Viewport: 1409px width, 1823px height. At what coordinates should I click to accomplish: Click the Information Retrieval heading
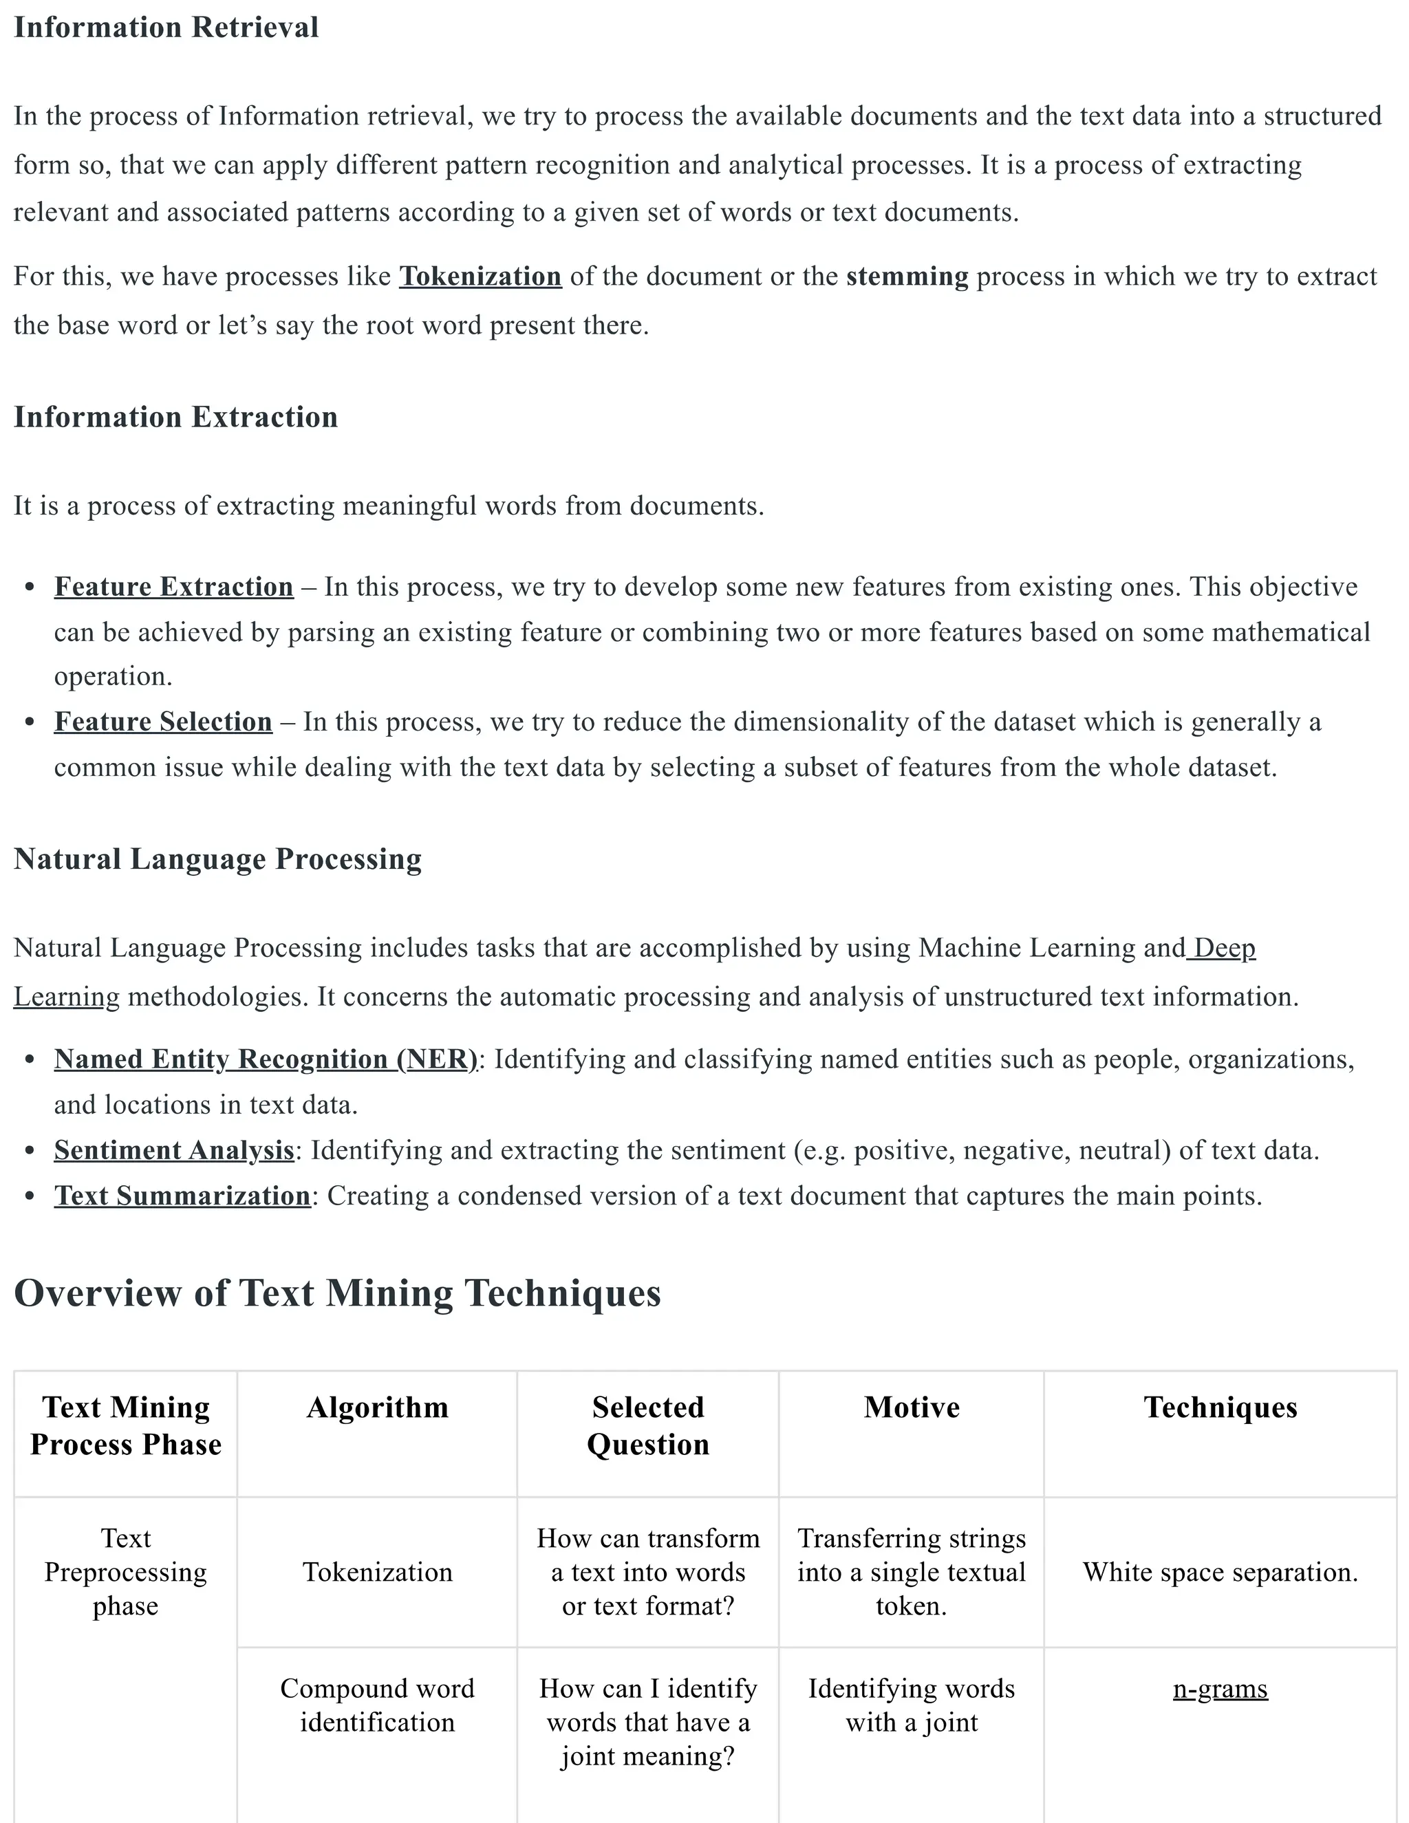[x=166, y=28]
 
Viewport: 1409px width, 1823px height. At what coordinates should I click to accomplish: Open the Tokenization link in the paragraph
[x=480, y=277]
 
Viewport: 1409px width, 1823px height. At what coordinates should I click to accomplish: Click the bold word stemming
[x=907, y=277]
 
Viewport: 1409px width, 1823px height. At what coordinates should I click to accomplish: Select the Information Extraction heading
[x=175, y=418]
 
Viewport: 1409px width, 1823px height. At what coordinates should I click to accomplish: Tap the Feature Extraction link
[x=173, y=587]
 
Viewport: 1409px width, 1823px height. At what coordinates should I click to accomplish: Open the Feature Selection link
[x=163, y=722]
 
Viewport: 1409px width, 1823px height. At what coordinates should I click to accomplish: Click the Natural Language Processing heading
[x=218, y=859]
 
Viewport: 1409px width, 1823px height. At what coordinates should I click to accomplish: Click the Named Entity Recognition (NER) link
[x=266, y=1059]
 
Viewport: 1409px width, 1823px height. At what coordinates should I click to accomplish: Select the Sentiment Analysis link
[x=173, y=1150]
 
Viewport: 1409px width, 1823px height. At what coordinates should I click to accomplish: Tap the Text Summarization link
[x=182, y=1196]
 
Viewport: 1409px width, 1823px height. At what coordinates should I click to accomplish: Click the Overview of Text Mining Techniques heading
[x=337, y=1293]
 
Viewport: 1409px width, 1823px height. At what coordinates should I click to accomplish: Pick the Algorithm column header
[x=377, y=1407]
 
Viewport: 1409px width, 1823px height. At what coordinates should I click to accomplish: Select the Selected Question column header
[x=647, y=1425]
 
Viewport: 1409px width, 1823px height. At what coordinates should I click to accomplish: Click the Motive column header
[x=912, y=1407]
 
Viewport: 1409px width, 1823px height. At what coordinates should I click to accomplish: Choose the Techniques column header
[x=1220, y=1407]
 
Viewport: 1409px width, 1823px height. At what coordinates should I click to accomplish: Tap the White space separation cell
[x=1220, y=1573]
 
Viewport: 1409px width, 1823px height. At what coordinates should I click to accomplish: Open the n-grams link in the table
[x=1220, y=1689]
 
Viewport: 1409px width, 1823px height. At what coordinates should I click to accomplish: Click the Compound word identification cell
[x=377, y=1705]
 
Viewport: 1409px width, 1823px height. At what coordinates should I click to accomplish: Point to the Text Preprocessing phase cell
[x=125, y=1573]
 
